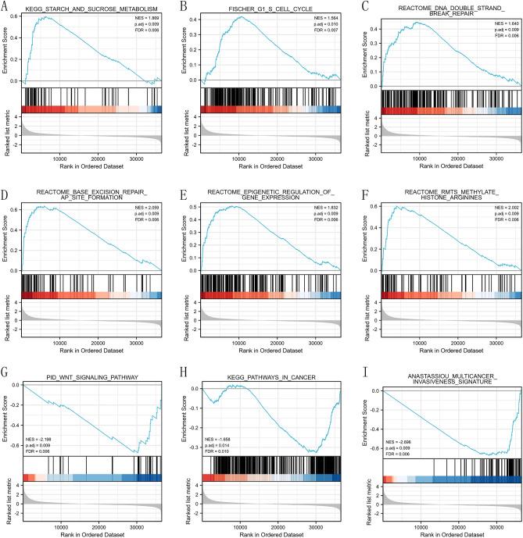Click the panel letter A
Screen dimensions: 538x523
[5, 5]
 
